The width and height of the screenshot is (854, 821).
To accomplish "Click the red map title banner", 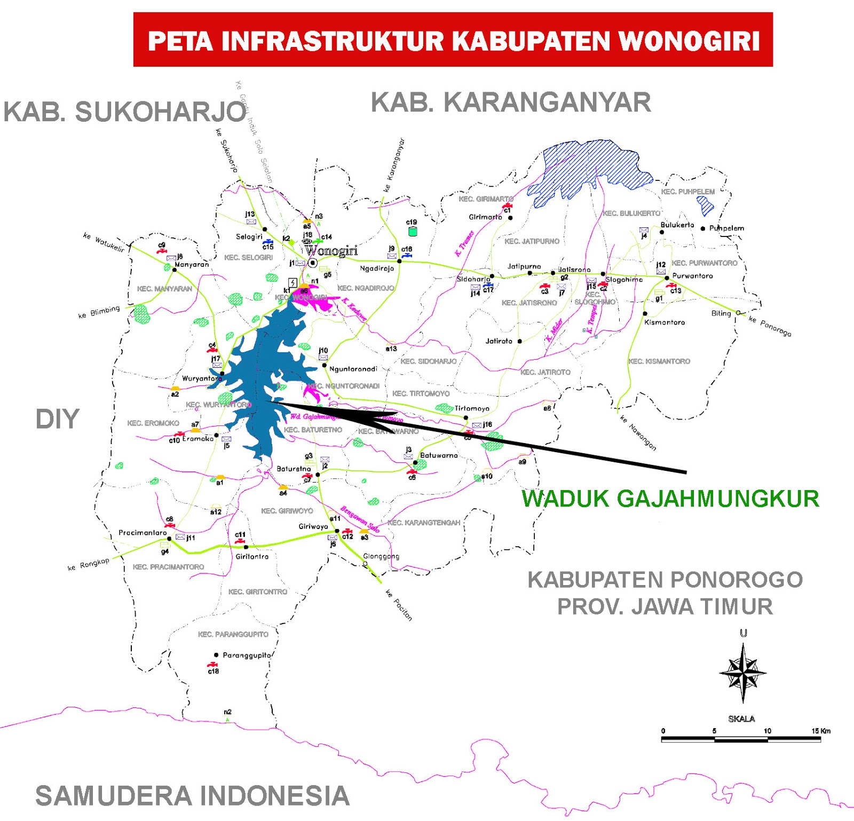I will point(453,40).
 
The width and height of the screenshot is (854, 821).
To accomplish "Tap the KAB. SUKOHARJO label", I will point(125,112).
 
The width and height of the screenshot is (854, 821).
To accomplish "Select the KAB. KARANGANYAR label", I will point(511,102).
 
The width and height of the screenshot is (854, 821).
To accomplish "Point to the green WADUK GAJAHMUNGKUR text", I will point(670,499).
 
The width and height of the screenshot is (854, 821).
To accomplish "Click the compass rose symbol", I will point(743,673).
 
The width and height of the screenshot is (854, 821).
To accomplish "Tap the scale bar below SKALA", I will point(741,739).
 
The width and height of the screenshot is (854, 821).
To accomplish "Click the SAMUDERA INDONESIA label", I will point(192,796).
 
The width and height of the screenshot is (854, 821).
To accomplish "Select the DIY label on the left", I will point(57,419).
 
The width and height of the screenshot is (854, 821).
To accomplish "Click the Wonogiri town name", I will point(331,251).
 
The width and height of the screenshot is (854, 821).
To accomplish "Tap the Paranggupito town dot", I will point(216,655).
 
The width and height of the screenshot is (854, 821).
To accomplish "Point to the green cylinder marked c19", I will point(412,232).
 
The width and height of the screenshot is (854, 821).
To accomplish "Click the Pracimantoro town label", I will point(143,533).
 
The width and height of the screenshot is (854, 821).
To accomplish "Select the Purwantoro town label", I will point(692,276).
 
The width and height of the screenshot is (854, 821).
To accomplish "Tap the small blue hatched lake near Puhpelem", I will point(706,205).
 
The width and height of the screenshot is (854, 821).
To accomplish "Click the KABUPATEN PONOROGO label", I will point(665,580).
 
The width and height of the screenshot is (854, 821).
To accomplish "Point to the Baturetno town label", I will point(294,469).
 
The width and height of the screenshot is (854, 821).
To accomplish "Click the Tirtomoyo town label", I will point(472,408).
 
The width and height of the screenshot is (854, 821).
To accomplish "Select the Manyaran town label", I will point(192,264).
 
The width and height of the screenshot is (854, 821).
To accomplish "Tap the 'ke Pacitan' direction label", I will point(399,605).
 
